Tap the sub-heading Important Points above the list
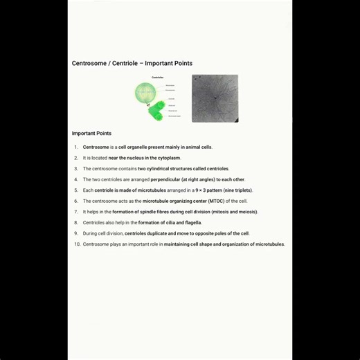[91, 134]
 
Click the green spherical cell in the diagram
[145, 92]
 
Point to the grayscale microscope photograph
[215, 98]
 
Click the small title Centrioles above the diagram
[157, 78]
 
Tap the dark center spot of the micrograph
[215, 98]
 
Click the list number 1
[76, 147]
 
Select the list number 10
[77, 244]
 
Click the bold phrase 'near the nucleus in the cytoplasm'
[149, 158]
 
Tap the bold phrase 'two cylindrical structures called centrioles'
[183, 169]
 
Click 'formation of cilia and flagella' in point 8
[170, 223]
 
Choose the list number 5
[76, 190]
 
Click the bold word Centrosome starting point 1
[96, 147]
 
